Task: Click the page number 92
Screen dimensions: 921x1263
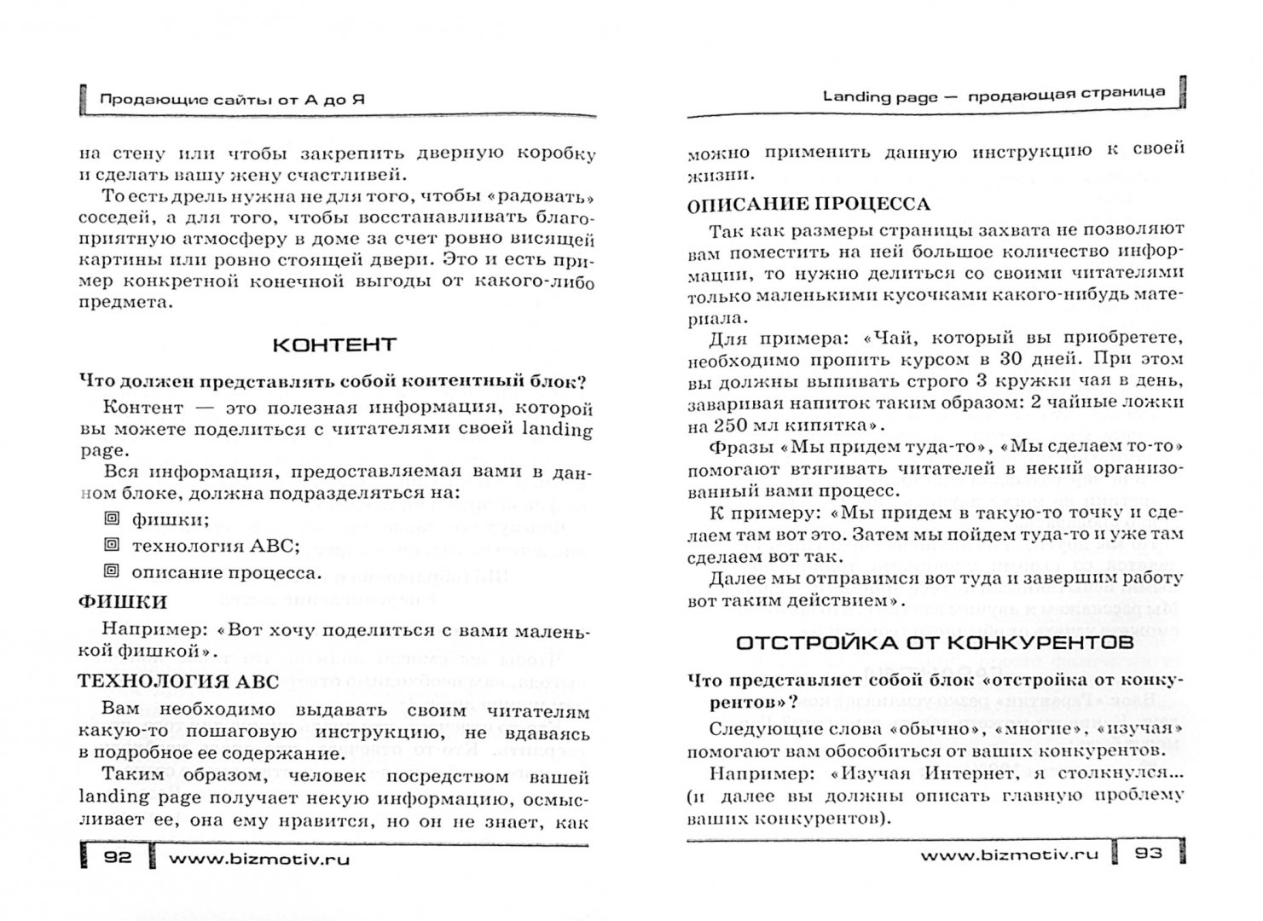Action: pyautogui.click(x=115, y=860)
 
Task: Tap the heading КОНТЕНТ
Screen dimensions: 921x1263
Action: pyautogui.click(x=334, y=345)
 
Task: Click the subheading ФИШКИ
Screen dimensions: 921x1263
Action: pyautogui.click(x=122, y=602)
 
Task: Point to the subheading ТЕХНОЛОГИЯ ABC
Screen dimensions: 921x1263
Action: pyautogui.click(x=178, y=681)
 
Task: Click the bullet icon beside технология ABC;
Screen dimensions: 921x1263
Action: pyautogui.click(x=111, y=544)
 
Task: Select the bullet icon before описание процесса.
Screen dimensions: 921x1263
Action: pyautogui.click(x=111, y=571)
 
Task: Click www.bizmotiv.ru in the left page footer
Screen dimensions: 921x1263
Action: pyautogui.click(x=259, y=860)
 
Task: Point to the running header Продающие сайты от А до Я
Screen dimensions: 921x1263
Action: pyautogui.click(x=233, y=99)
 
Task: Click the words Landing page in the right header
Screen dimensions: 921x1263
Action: pyautogui.click(x=879, y=96)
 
